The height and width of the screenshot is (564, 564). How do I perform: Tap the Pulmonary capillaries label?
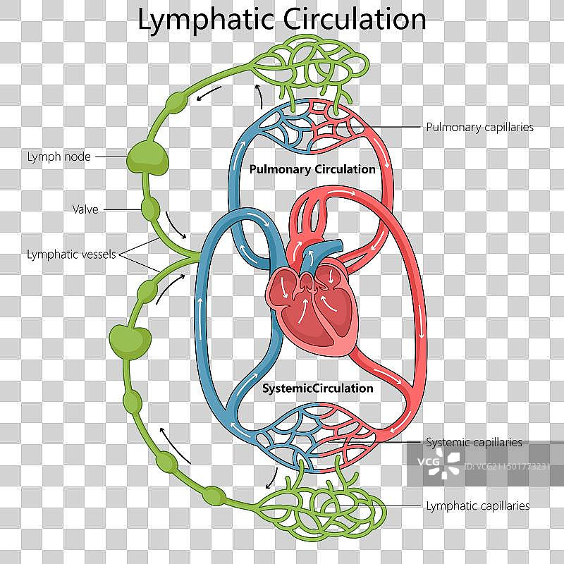479,128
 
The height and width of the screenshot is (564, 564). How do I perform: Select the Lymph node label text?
59,157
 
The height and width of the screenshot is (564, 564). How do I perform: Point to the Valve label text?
85,209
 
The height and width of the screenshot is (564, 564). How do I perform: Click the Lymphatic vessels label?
71,255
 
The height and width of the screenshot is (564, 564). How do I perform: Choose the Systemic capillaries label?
474,443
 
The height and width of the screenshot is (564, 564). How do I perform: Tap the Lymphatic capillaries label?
477,505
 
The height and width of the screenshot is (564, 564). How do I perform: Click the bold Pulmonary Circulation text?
312,169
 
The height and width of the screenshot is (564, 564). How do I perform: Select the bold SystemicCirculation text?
317,388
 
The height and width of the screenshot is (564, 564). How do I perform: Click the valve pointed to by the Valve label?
149,209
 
